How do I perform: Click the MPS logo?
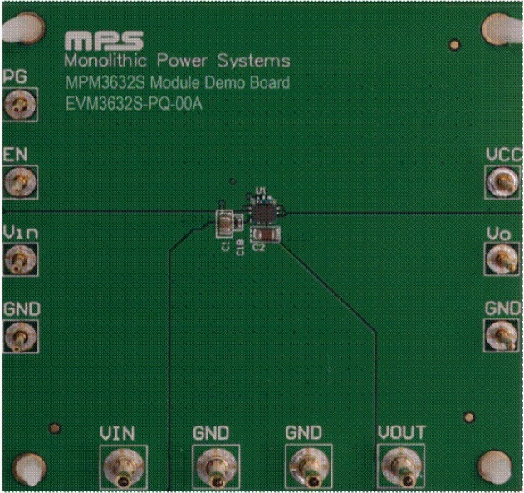pos(103,42)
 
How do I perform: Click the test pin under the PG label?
pos(17,105)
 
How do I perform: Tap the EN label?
pos(16,155)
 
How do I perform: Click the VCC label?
pos(503,155)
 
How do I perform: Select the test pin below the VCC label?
pos(502,181)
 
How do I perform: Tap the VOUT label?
pos(401,433)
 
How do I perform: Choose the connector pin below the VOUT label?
pos(401,470)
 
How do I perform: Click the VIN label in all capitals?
pos(117,433)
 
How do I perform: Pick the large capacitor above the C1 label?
pos(223,222)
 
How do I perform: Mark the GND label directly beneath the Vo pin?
pos(503,308)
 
